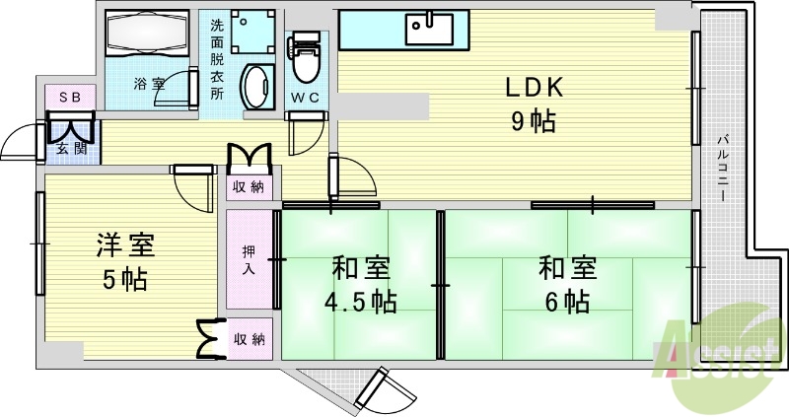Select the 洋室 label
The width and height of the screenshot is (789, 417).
tap(124, 243)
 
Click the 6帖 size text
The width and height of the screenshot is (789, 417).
tap(565, 300)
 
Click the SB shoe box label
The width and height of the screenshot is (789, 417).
tap(69, 97)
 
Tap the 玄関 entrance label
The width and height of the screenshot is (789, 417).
tap(69, 149)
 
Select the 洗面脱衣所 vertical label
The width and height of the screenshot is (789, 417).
tap(217, 59)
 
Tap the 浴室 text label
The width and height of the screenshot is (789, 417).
tap(149, 84)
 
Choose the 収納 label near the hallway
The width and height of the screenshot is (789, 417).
tap(249, 186)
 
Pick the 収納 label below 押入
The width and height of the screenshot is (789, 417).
tap(249, 339)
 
